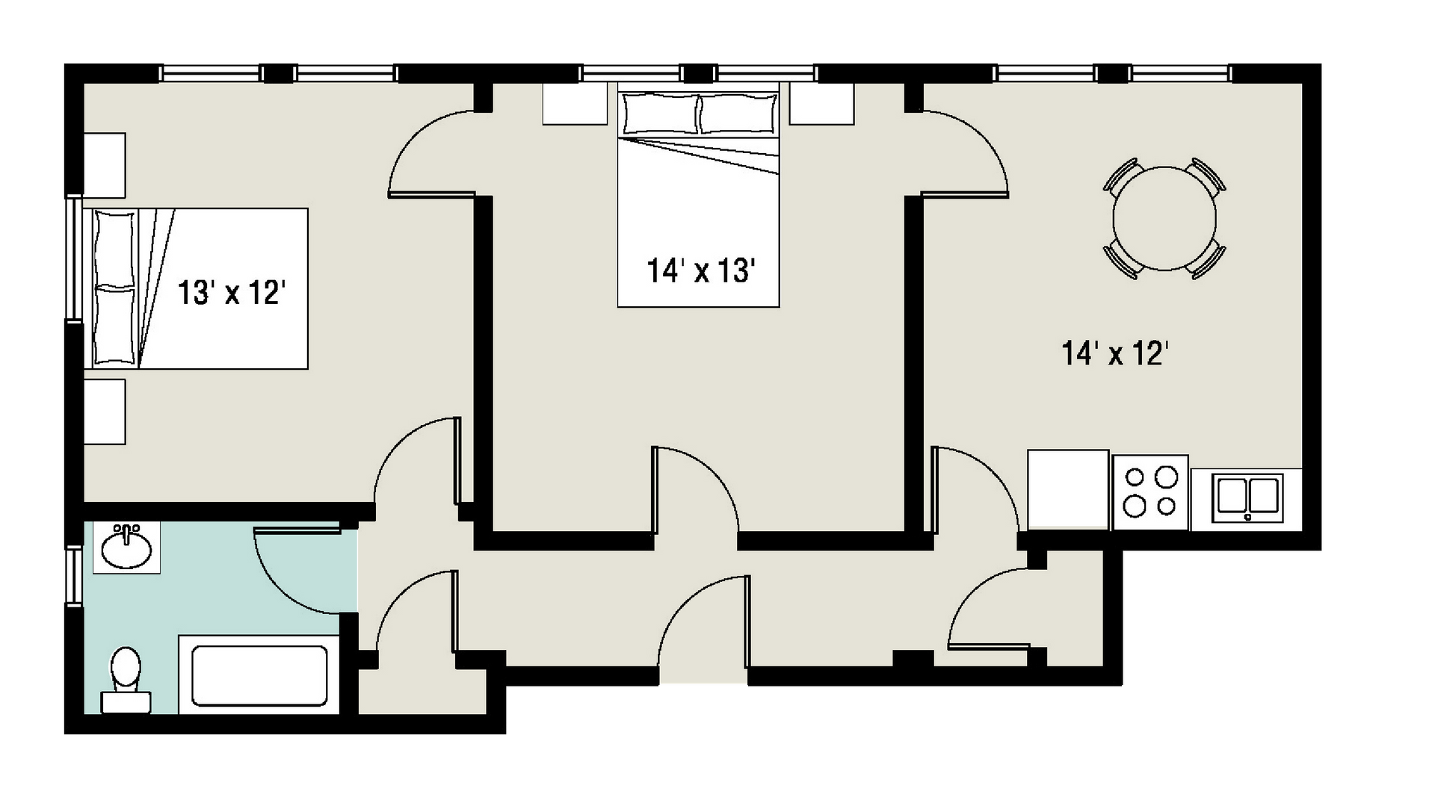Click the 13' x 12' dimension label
tap(232, 293)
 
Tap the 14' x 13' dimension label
tap(698, 270)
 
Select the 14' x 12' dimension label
tap(1114, 353)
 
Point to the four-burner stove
tap(1150, 492)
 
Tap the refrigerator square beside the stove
tap(1067, 489)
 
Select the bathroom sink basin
tap(126, 548)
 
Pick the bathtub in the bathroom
tap(259, 675)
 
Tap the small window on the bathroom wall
tap(73, 576)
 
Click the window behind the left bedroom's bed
tap(74, 258)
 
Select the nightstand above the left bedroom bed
tap(105, 165)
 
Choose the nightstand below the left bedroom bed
tap(105, 412)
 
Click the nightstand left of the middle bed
tap(574, 103)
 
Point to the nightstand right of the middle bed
tap(821, 103)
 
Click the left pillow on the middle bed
tap(660, 114)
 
